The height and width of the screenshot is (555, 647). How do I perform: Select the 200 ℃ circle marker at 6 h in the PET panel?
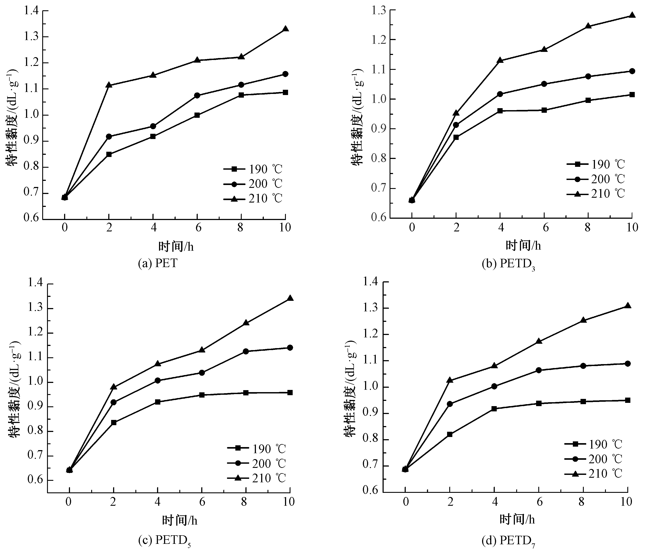(197, 95)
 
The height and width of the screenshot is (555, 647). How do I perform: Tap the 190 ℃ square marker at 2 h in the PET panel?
(109, 154)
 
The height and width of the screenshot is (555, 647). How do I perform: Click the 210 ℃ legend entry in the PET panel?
(253, 198)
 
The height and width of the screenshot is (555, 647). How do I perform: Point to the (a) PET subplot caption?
(158, 263)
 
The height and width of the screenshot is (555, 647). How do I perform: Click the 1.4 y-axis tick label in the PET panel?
(31, 11)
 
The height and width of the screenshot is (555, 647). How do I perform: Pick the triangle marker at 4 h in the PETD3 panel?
(500, 60)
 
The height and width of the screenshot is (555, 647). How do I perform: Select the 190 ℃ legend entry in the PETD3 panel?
(596, 164)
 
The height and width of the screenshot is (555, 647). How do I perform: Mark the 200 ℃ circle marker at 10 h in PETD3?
(632, 71)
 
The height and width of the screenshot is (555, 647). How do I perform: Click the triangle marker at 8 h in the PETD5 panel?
(246, 322)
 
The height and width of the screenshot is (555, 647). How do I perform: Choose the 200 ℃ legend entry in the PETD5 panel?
(256, 463)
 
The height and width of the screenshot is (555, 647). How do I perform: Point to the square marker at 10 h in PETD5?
(290, 393)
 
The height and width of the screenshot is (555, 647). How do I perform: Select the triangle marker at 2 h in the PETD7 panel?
(450, 380)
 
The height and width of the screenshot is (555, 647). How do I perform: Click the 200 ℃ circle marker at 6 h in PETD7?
(539, 370)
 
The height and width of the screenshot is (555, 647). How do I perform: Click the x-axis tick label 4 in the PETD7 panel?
(495, 502)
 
